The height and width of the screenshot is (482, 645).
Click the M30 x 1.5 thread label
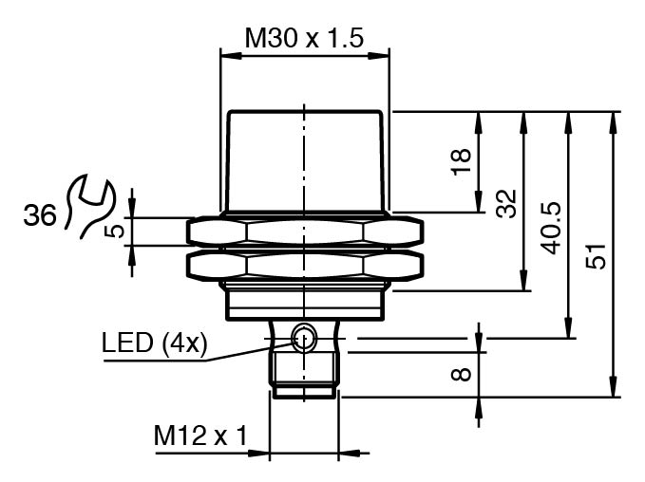(304, 38)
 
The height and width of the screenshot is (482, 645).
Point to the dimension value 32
(505, 201)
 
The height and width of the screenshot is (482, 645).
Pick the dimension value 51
(596, 256)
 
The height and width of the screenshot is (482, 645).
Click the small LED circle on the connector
(304, 335)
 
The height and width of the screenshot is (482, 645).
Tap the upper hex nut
(304, 231)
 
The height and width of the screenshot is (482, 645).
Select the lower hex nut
(304, 266)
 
